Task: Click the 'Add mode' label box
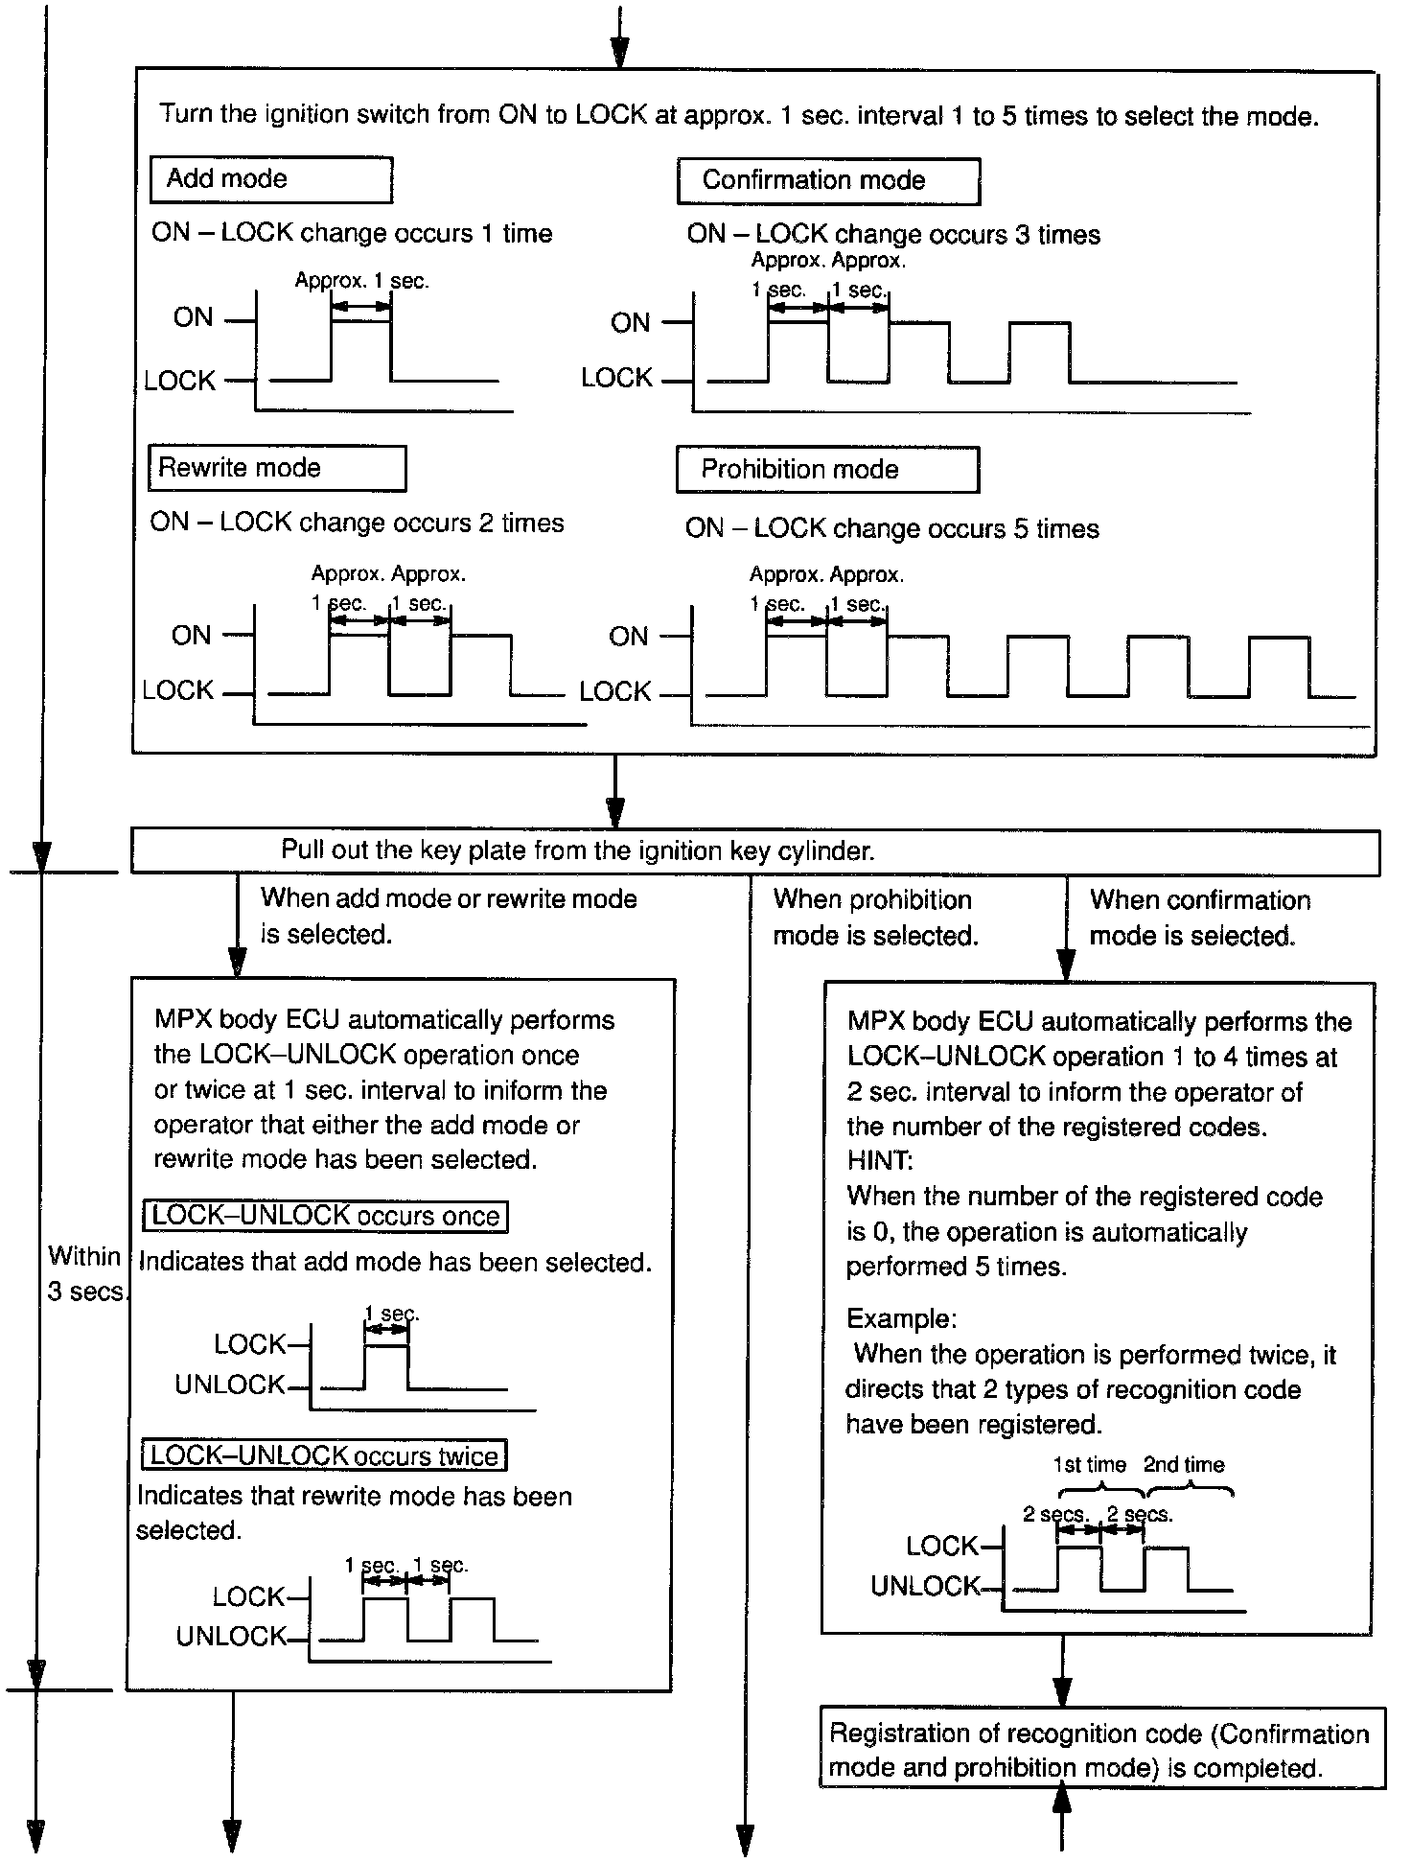[x=271, y=179]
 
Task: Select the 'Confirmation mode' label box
[x=828, y=180]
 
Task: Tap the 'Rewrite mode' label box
[x=277, y=468]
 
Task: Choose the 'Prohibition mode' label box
[x=827, y=470]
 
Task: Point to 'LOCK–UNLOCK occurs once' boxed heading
[x=325, y=1216]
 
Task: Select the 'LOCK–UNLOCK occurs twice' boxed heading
[x=324, y=1455]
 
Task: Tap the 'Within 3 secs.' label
[x=85, y=1273]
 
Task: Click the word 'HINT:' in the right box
[x=880, y=1161]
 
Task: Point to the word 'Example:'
[x=901, y=1318]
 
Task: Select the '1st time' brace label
[x=1089, y=1464]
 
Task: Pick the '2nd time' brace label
[x=1184, y=1464]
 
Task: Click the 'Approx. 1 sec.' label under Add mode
[x=361, y=281]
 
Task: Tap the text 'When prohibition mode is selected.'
[x=875, y=918]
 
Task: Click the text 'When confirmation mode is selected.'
[x=1199, y=918]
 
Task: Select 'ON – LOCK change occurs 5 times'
[x=891, y=529]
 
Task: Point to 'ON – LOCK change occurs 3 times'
[x=893, y=235]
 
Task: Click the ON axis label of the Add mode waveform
[x=193, y=318]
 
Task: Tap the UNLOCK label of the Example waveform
[x=925, y=1587]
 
